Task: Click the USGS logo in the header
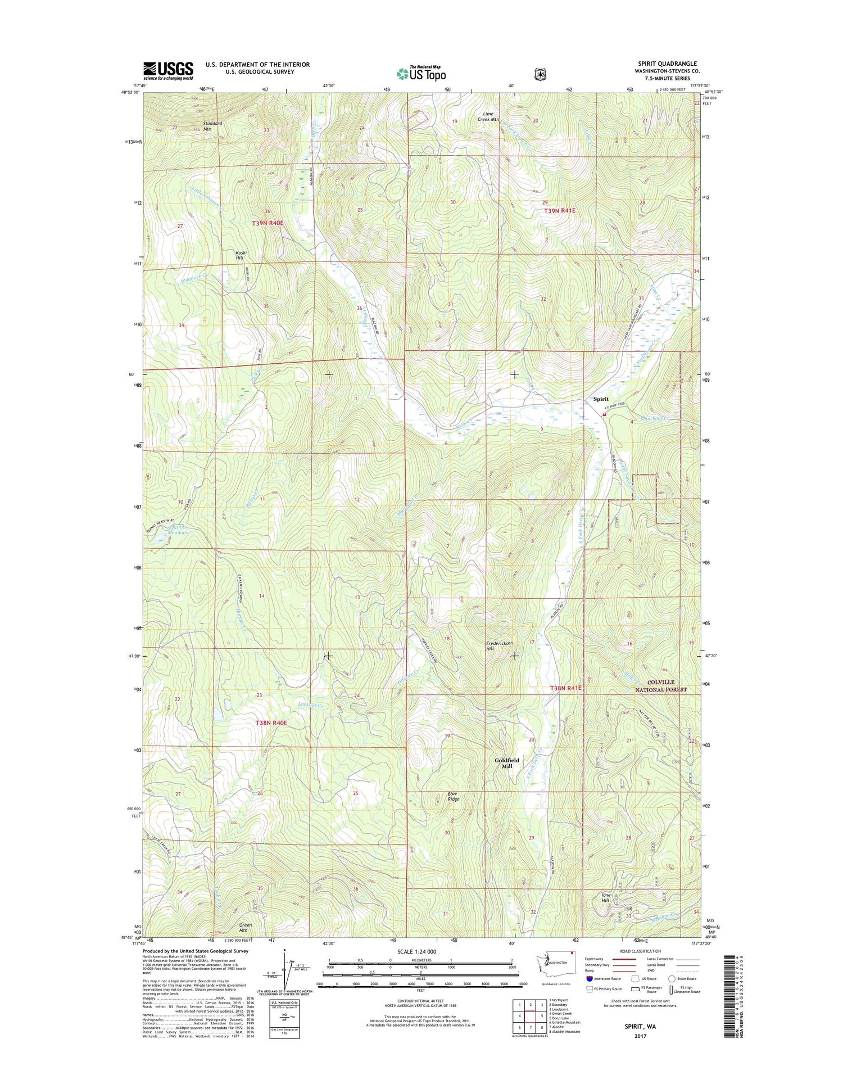tap(168, 70)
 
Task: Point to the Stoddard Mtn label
tap(212, 126)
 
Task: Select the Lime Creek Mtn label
tap(488, 116)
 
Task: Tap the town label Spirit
tap(601, 399)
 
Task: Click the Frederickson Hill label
tap(498, 645)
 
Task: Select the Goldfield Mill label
tap(507, 763)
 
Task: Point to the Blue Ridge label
tap(453, 797)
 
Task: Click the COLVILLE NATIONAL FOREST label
tap(661, 685)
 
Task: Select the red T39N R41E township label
tap(560, 210)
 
